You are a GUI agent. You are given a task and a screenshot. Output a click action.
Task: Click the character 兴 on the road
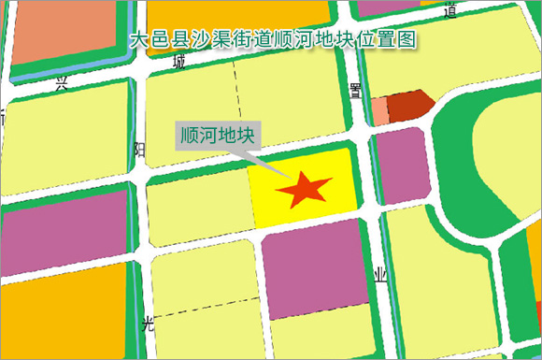[62, 84]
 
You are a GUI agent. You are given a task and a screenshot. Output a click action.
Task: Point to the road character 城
[179, 63]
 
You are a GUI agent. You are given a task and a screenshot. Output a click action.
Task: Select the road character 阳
[140, 149]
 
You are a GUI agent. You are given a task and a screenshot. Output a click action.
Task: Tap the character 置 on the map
[354, 90]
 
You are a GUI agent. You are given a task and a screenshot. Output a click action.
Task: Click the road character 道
[451, 11]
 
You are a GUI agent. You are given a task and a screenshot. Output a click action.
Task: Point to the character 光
[146, 324]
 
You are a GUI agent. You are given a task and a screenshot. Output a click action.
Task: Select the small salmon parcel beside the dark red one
[379, 110]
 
